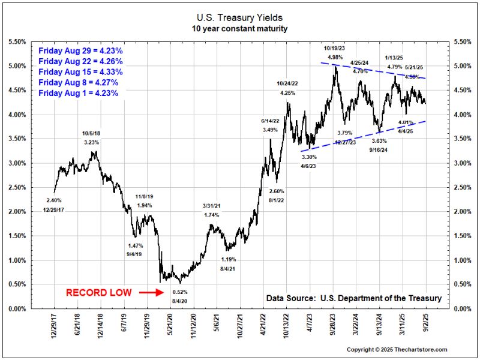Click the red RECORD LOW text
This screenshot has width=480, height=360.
99,293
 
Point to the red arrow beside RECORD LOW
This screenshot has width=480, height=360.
150,293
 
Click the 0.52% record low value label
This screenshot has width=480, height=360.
180,292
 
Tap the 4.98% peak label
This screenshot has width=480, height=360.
335,57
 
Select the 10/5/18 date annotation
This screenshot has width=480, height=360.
92,133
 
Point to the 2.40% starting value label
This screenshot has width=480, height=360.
53,200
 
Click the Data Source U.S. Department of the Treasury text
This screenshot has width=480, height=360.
353,298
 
